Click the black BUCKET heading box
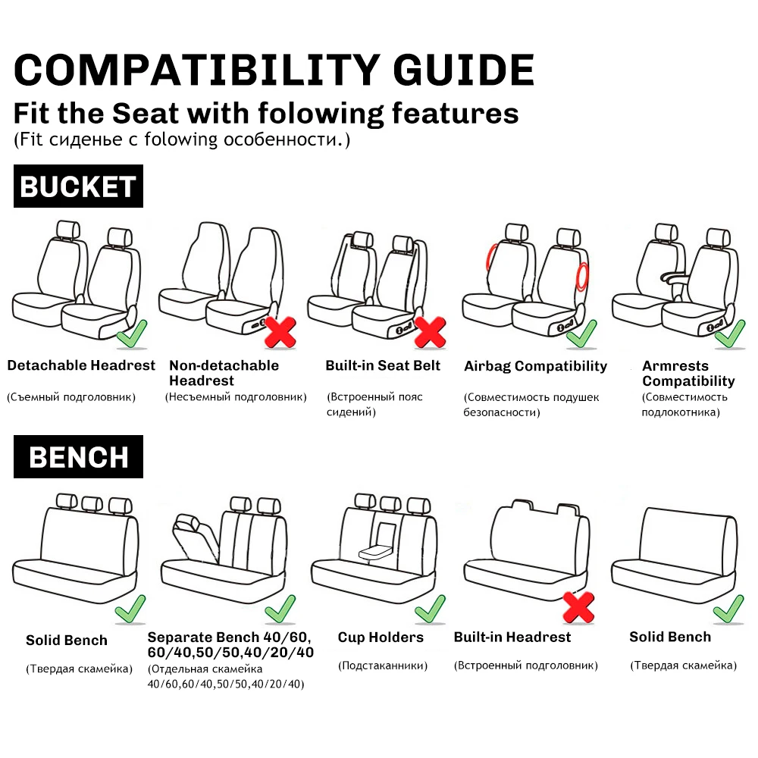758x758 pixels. click(x=78, y=186)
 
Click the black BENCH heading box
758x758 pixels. click(x=78, y=457)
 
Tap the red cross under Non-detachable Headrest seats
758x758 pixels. click(x=280, y=331)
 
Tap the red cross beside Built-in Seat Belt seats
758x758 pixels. click(x=429, y=331)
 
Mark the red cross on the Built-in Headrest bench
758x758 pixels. click(x=578, y=606)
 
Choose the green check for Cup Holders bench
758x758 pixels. click(x=430, y=608)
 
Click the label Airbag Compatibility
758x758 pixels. click(x=535, y=366)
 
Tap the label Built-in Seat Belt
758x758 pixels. click(x=383, y=365)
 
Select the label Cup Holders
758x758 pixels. click(x=381, y=637)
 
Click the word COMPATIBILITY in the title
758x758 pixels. click(x=195, y=70)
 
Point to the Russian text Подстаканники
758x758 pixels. click(x=383, y=666)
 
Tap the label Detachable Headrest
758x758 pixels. click(x=81, y=365)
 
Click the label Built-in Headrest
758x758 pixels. click(x=512, y=637)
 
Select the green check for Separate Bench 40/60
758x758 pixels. click(x=280, y=608)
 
